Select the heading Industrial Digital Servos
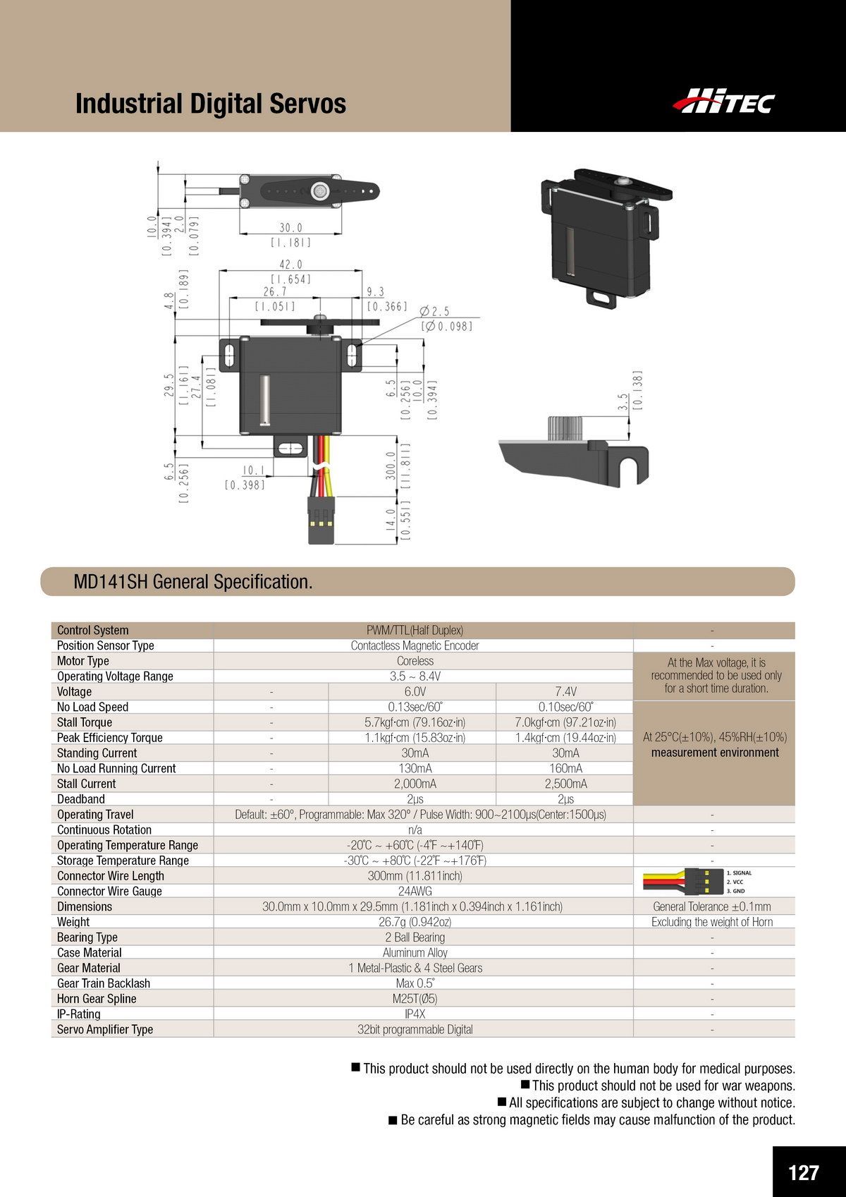tap(210, 104)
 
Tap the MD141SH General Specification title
tap(192, 582)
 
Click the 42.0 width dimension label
tap(290, 265)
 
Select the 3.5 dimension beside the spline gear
tap(623, 402)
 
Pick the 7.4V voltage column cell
tap(565, 691)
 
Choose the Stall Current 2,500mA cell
tap(565, 784)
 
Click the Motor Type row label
tap(83, 661)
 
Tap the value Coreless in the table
tap(415, 661)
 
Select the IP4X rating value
tap(415, 1014)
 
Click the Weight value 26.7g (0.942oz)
tap(415, 922)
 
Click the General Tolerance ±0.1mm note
tap(712, 906)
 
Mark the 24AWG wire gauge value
tap(415, 891)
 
